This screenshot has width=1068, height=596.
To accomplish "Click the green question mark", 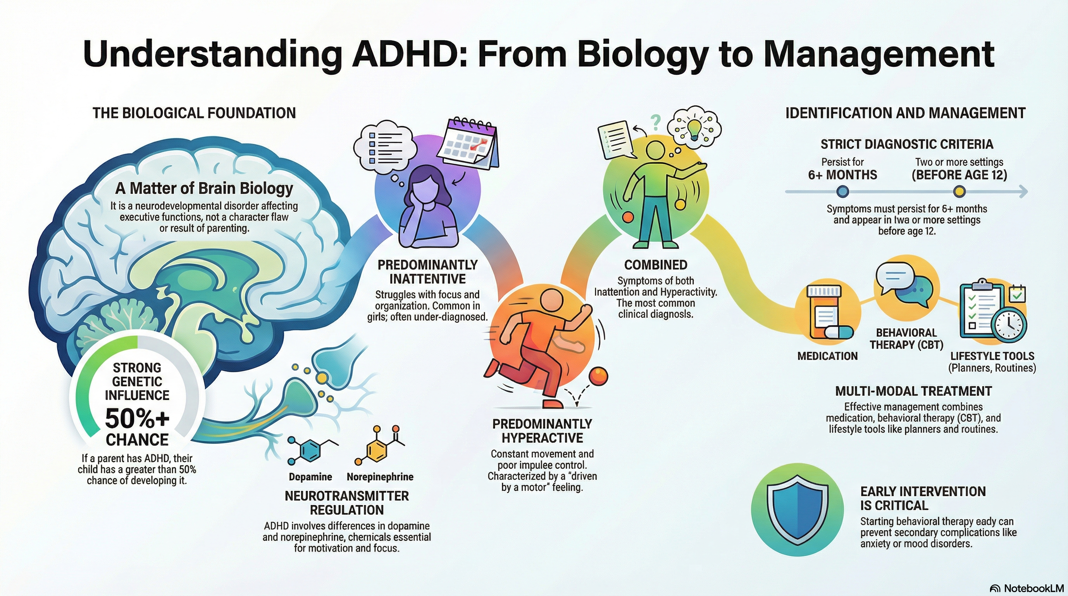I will point(655,122).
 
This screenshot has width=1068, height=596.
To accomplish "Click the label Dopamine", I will point(310,477).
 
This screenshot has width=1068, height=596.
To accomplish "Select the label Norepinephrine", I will point(380,477).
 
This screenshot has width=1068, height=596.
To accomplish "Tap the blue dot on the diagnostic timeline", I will point(843,191).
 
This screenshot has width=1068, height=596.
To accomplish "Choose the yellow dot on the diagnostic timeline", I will point(959,191).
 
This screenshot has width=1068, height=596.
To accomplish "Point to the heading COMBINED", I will point(655,265).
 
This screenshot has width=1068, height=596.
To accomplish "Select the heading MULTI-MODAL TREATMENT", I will point(914,391).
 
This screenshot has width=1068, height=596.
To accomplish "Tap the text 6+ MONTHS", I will point(843,175).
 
